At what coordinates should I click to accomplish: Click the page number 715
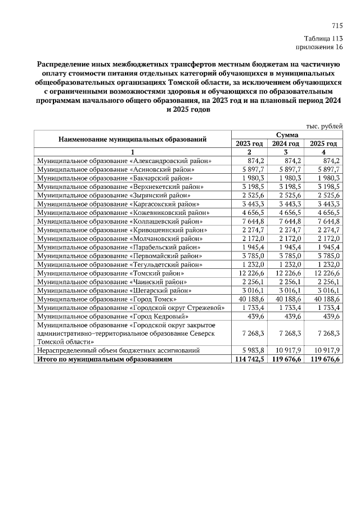(x=337, y=26)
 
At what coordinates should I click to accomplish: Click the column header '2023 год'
(x=249, y=144)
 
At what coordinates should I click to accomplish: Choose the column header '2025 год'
(x=323, y=144)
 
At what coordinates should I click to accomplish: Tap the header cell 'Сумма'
(x=286, y=135)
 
